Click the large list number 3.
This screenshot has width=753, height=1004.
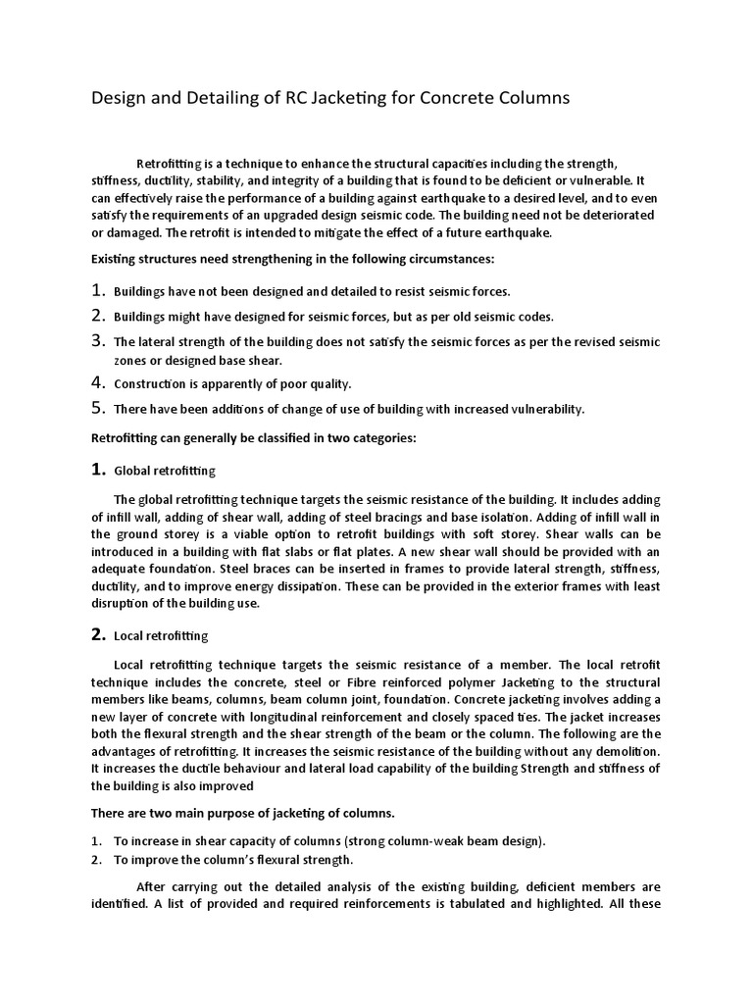tap(97, 340)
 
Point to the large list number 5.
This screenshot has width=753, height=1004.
tap(97, 408)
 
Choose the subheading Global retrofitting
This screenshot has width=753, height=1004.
tap(165, 472)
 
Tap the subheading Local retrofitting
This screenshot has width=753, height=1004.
tap(161, 636)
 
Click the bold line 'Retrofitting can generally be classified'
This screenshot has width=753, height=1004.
tap(254, 438)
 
